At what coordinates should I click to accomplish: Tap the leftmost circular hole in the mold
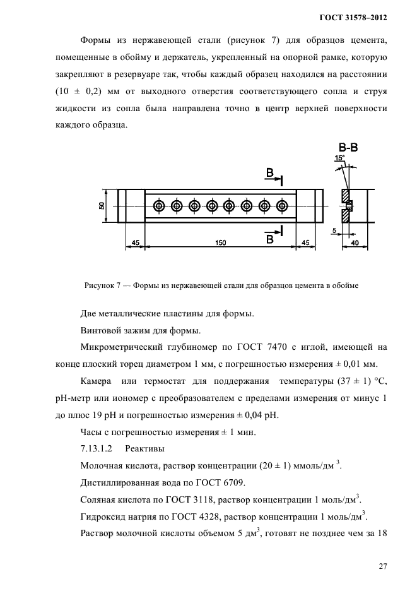158,206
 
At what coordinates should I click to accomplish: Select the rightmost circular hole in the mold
283,206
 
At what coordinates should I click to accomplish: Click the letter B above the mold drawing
269,173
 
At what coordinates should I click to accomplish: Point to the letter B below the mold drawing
269,239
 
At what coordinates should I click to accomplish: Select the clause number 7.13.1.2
97,449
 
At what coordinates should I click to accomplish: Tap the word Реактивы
144,449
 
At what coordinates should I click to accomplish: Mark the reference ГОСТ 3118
167,500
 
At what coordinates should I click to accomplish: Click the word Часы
93,432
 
